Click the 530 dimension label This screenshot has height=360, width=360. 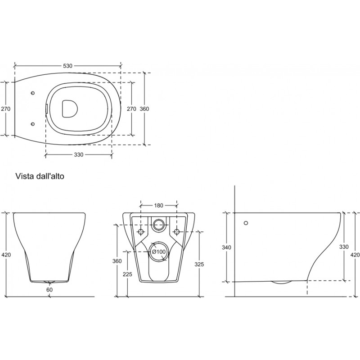[67, 66]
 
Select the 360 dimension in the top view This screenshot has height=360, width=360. [144, 109]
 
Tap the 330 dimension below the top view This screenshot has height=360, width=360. [78, 155]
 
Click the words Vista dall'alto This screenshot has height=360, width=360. [40, 176]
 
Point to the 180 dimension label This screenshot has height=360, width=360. [158, 206]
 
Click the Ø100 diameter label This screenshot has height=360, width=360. [159, 252]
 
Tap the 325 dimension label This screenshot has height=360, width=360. [199, 265]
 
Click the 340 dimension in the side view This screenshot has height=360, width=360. [226, 247]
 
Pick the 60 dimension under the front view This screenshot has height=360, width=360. [49, 290]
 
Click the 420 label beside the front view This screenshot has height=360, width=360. [6, 255]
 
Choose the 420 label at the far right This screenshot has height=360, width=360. [355, 255]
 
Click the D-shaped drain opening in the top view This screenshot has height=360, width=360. [70, 109]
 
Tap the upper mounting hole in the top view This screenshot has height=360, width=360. [33, 93]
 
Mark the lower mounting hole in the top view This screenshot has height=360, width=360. [33, 124]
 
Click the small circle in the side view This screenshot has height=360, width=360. [246, 223]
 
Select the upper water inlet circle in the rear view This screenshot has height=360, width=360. [159, 224]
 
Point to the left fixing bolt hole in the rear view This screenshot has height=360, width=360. [141, 231]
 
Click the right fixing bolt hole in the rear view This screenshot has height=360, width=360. [176, 231]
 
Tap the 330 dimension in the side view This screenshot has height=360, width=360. [344, 247]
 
